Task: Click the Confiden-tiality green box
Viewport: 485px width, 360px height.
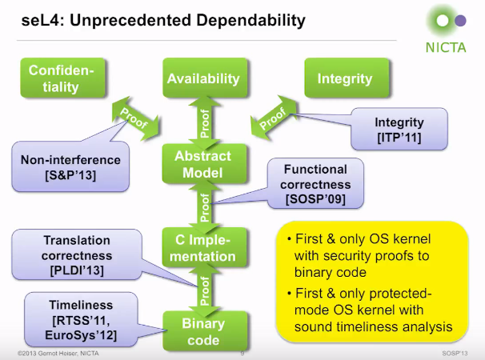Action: tap(62, 78)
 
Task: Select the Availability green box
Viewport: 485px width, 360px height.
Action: tap(205, 78)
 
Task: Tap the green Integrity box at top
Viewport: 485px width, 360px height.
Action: tap(347, 78)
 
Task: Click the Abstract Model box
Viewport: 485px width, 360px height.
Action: tap(204, 164)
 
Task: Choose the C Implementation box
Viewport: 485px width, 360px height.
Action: tap(204, 247)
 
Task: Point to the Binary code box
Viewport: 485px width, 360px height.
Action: tap(205, 331)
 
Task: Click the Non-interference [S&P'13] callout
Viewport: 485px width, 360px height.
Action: tap(70, 166)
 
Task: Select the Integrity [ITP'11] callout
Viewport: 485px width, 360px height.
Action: tap(399, 129)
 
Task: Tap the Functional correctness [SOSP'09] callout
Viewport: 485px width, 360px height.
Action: tap(315, 183)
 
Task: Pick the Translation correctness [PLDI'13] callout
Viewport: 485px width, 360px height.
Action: tap(77, 254)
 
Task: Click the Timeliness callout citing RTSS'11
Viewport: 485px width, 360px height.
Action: tap(81, 319)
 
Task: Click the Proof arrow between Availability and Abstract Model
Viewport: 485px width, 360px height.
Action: tap(204, 123)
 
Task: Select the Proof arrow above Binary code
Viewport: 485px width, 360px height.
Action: tap(204, 290)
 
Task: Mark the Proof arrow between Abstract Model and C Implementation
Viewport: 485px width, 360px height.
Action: tap(204, 206)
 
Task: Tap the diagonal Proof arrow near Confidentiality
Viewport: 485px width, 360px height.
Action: tap(135, 118)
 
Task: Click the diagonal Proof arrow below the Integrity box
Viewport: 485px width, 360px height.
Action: tap(273, 118)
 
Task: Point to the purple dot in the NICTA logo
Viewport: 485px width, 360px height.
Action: tap(460, 21)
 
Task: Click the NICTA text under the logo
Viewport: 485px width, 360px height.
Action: tap(446, 48)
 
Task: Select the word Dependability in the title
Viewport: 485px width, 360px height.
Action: tap(251, 21)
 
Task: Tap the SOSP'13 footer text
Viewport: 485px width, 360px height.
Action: tap(455, 353)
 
